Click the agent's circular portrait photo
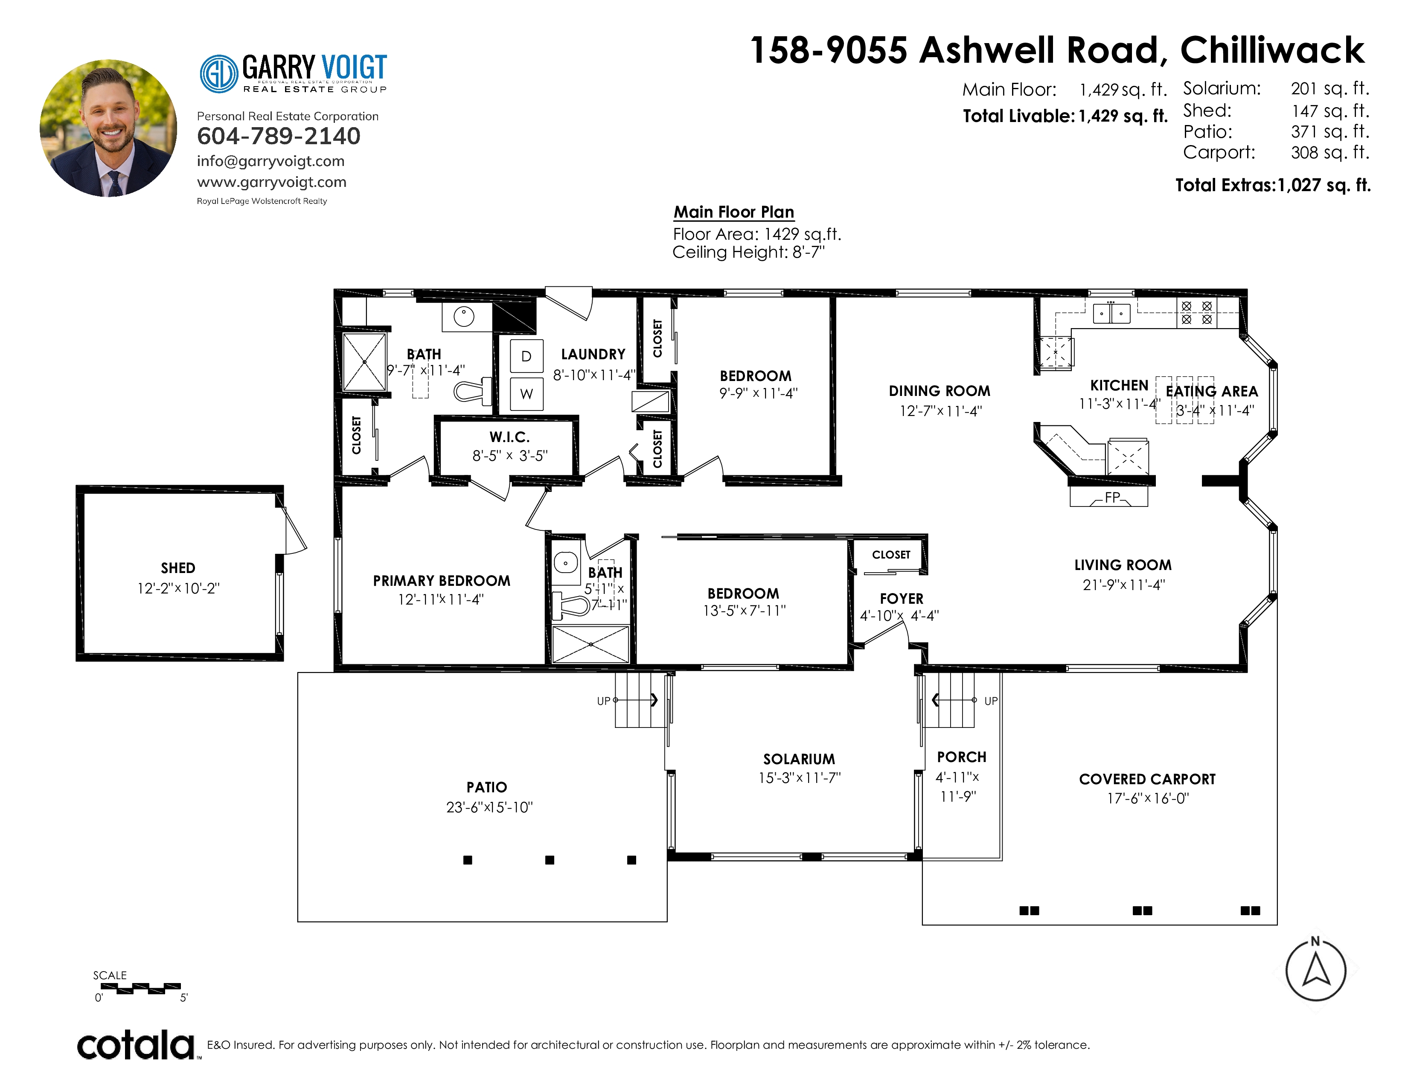pos(108,128)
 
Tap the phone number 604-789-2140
pos(279,136)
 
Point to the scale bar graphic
pos(140,988)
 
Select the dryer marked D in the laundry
pos(527,356)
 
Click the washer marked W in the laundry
pos(527,394)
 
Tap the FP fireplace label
pos(1112,497)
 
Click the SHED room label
pos(178,568)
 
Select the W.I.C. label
pos(509,437)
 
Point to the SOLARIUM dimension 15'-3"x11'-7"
pos(800,778)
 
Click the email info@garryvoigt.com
pos(271,161)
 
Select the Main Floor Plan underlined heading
pos(734,212)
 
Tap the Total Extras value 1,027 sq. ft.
pos(1324,186)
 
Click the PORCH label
pos(962,757)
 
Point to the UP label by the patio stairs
pos(603,701)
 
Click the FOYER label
pos(901,599)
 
